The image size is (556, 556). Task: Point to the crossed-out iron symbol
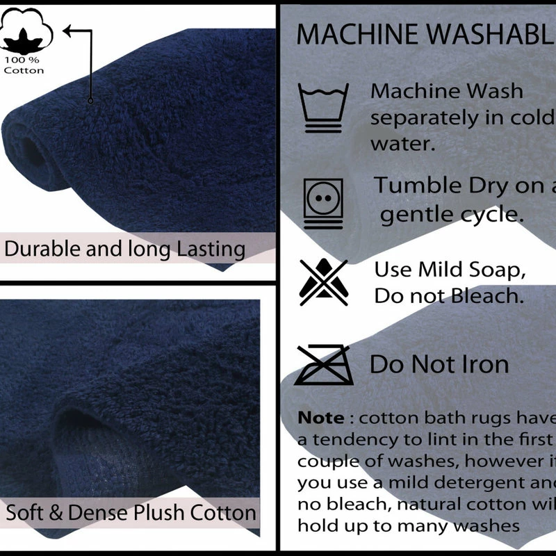coord(323,364)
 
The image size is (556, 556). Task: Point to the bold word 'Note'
coord(320,418)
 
